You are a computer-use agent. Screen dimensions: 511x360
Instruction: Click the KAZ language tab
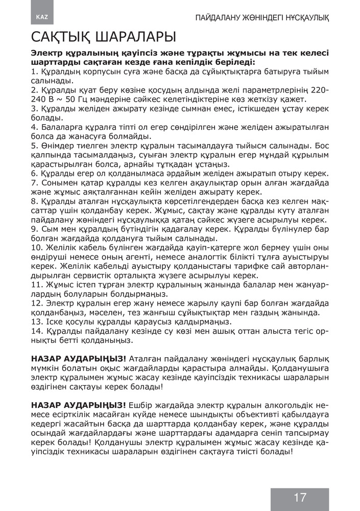coord(42,17)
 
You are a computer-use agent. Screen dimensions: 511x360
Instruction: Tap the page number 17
coord(300,497)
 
